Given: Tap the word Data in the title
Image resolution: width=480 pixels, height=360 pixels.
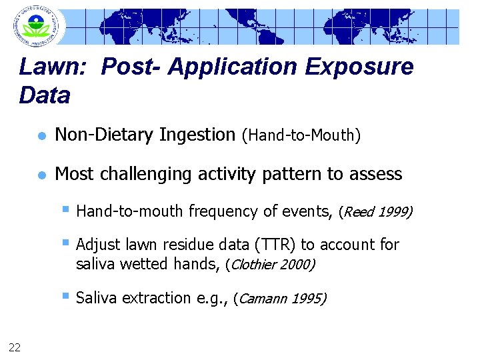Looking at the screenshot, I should pyautogui.click(x=45, y=95).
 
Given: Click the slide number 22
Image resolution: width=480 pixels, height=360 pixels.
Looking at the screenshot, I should pyautogui.click(x=14, y=345).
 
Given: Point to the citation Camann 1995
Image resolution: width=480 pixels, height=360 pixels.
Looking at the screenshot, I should pyautogui.click(x=282, y=299).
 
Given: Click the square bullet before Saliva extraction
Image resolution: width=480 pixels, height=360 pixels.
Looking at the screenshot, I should pyautogui.click(x=66, y=297).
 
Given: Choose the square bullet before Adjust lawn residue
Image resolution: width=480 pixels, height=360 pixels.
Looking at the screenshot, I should pyautogui.click(x=66, y=243).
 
